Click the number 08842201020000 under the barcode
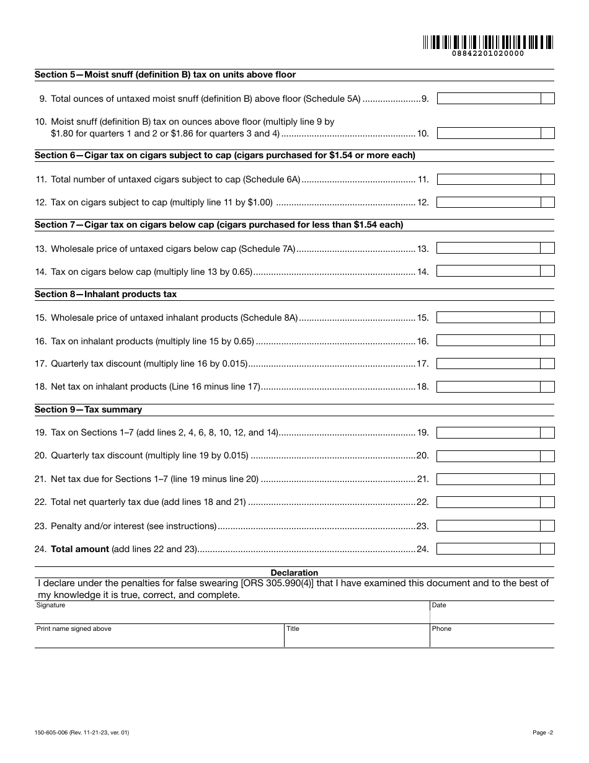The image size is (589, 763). tap(488, 54)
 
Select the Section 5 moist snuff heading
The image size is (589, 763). tap(165, 74)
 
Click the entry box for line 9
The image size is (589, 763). tap(489, 99)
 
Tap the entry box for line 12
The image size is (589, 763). tap(489, 202)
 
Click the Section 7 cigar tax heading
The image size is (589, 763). tap(219, 225)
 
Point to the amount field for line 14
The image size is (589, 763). tap(489, 271)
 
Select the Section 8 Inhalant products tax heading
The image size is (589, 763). tap(105, 294)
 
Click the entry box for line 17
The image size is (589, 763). tap(489, 364)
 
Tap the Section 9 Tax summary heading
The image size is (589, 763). tap(88, 409)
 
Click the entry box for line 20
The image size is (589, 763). tap(489, 456)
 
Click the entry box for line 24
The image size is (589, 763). tap(489, 549)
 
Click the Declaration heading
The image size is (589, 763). tap(294, 573)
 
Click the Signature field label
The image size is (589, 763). tap(51, 605)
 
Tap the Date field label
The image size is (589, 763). tap(439, 605)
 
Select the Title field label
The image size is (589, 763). tap(293, 628)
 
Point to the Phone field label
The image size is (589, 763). tap(441, 628)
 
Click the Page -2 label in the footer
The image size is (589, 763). tap(542, 733)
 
